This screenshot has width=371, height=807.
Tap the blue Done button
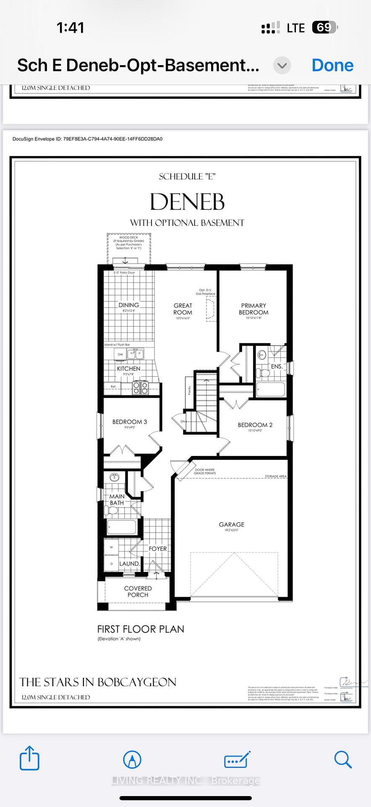pos(332,66)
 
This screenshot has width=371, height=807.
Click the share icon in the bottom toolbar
pos(29,758)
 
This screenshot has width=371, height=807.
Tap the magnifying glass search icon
pos(342,759)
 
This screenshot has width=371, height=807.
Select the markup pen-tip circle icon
pos(132,760)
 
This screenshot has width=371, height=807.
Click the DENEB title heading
pos(187,202)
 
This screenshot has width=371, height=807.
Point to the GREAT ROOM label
pos(183,309)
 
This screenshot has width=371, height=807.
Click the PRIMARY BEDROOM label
pos(253,309)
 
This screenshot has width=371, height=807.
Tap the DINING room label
pos(128,305)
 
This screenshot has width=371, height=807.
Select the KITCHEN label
pos(128,369)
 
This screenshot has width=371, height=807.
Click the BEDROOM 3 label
pos(129,422)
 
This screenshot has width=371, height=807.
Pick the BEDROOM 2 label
pos(255,425)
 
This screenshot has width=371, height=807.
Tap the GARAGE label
pos(231,525)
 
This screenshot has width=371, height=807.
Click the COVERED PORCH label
pos(138,591)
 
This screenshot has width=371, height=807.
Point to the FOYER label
pos(157,549)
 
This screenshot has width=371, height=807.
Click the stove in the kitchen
pos(140,387)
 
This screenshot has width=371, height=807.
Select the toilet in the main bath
pos(111,511)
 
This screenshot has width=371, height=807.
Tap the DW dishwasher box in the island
pos(120,354)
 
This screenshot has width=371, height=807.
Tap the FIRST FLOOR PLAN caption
pos(141,629)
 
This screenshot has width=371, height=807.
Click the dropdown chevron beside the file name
pos(282,66)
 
